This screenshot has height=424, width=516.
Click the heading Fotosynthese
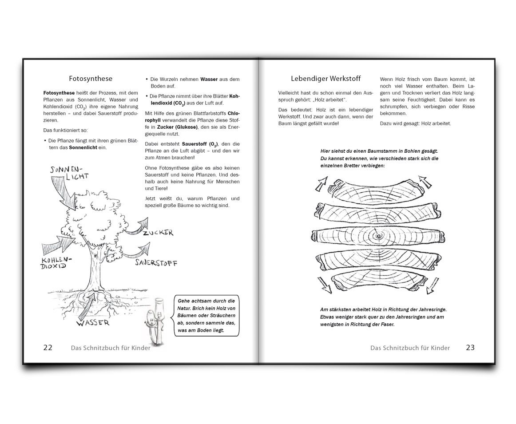pyautogui.click(x=91, y=79)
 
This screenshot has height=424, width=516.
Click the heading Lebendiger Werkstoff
pyautogui.click(x=326, y=79)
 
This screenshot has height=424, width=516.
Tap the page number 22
pyautogui.click(x=48, y=348)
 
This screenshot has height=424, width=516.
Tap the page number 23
pyautogui.click(x=470, y=348)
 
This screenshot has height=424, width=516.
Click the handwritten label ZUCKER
pyautogui.click(x=158, y=233)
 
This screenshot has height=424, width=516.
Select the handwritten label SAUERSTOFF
pyautogui.click(x=156, y=262)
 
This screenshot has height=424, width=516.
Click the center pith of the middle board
pyautogui.click(x=378, y=236)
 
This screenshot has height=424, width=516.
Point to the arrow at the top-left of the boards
pyautogui.click(x=322, y=184)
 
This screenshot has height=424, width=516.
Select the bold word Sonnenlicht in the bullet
pyautogui.click(x=83, y=148)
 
